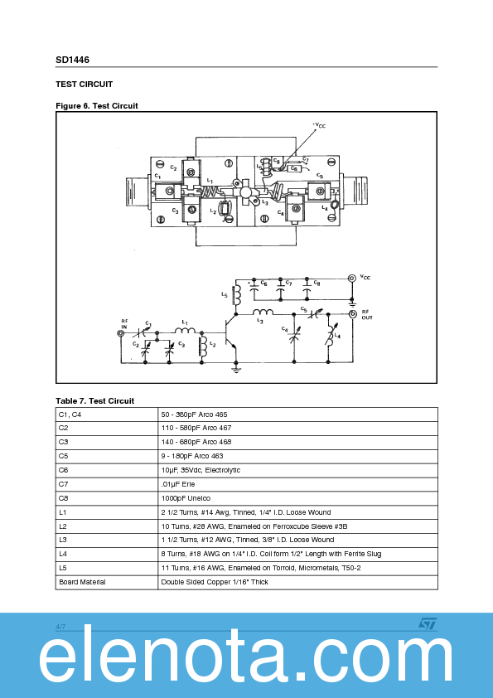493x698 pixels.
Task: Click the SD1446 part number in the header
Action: pos(73,61)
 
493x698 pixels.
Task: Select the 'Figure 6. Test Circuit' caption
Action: pos(97,105)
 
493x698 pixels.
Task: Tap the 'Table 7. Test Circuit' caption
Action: pos(94,400)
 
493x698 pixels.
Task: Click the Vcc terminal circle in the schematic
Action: pos(351,279)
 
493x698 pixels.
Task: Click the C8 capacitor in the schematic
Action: pos(308,289)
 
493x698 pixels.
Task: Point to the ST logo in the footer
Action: pos(425,623)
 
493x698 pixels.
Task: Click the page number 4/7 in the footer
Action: pos(60,626)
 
